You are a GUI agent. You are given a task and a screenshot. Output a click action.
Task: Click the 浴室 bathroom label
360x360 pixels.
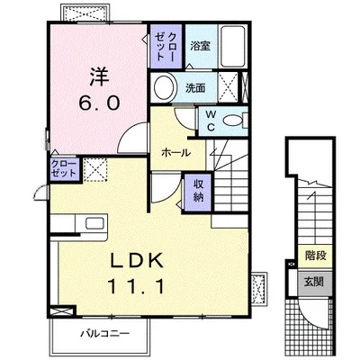(x=201, y=46)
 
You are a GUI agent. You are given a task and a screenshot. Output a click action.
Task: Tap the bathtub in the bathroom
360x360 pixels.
(x=233, y=46)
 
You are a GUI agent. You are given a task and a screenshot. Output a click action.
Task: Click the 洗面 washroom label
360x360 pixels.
(x=195, y=88)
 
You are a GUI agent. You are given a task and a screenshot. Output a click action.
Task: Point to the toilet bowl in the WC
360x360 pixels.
(x=233, y=121)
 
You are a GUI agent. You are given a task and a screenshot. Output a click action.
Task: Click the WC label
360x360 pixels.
(x=211, y=121)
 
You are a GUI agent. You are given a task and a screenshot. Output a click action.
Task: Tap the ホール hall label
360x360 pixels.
(x=175, y=153)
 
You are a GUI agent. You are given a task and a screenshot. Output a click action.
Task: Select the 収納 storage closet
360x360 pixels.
(x=198, y=192)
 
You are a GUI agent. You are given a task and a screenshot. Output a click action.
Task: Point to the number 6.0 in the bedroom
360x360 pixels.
(x=99, y=103)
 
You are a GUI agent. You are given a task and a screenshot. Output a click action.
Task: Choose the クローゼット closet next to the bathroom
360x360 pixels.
(x=166, y=46)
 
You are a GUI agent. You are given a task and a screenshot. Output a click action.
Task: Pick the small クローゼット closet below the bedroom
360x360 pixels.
(x=65, y=169)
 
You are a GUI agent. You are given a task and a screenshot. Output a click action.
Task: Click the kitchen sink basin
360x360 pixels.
(x=95, y=223)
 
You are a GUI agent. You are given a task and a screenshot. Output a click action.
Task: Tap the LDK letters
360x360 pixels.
(x=138, y=260)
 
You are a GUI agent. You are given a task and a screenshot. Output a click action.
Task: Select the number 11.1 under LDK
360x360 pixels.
(x=138, y=286)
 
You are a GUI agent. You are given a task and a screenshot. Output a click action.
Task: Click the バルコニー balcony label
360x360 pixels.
(x=104, y=334)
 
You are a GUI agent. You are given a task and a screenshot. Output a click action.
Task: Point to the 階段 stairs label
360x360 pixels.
(x=316, y=256)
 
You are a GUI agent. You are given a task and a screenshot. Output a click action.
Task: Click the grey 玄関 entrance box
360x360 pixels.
(x=315, y=283)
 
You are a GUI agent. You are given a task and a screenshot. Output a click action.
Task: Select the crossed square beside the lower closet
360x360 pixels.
(x=95, y=169)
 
